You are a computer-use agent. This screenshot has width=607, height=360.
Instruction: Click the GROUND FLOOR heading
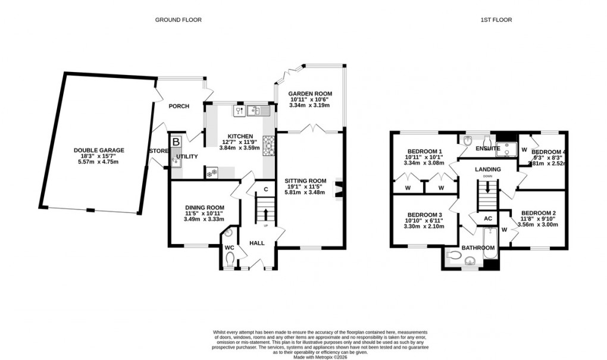[x=178, y=20]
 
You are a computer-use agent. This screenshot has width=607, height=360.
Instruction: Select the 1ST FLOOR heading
[x=496, y=20]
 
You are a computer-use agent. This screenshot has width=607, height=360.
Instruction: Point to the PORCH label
[x=179, y=107]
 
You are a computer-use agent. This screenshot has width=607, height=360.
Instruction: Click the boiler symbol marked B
[x=176, y=142]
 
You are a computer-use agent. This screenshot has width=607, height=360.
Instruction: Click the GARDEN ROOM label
[x=310, y=94]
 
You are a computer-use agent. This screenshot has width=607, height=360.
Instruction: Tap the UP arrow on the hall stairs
[x=265, y=214]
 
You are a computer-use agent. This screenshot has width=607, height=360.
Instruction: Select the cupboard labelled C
[x=265, y=190]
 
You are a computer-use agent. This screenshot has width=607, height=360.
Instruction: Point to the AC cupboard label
[x=488, y=218]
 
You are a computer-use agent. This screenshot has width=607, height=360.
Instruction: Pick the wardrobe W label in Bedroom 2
[x=504, y=229]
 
